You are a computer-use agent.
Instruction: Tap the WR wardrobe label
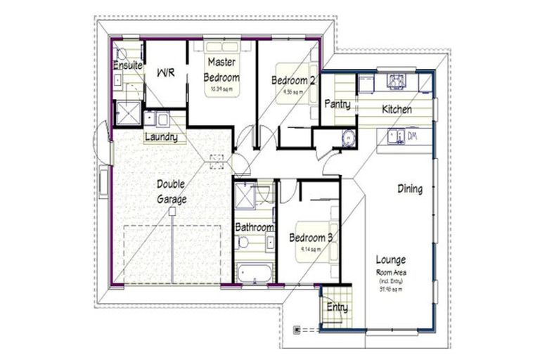click(x=165, y=72)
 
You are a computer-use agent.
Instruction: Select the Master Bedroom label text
click(x=221, y=70)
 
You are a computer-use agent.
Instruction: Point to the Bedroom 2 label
click(x=292, y=81)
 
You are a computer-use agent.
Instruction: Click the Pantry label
click(x=337, y=103)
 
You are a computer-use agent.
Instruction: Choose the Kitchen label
click(x=397, y=110)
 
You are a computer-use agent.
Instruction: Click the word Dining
click(x=410, y=188)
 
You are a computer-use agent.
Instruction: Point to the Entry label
click(x=337, y=307)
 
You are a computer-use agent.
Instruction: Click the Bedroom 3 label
click(x=310, y=238)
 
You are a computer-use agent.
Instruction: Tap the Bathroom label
click(x=254, y=227)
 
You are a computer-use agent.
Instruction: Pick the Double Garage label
click(x=172, y=191)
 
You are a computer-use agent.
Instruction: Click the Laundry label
click(x=160, y=137)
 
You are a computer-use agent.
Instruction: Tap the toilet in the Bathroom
click(x=243, y=243)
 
